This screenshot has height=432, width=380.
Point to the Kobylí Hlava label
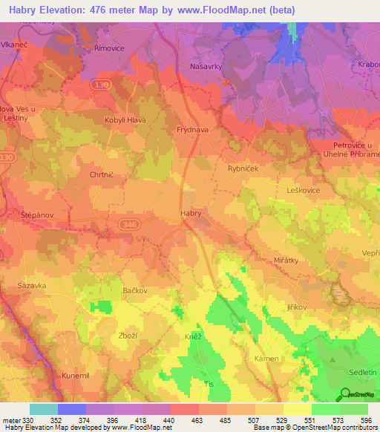(x=125, y=120)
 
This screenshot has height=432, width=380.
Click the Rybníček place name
(x=242, y=168)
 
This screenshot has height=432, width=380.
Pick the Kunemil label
(x=75, y=376)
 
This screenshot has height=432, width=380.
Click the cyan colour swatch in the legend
(x=44, y=409)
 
